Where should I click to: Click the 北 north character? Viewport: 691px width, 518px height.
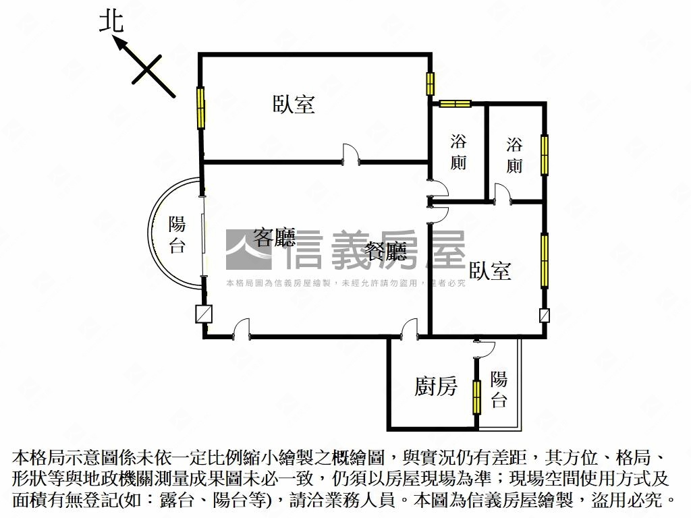[x=112, y=22]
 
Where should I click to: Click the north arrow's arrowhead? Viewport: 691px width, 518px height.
[x=119, y=43]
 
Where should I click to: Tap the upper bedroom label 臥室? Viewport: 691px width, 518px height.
[x=294, y=104]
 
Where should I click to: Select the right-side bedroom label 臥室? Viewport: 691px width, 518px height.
[x=490, y=271]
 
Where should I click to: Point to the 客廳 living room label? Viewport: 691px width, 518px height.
[x=274, y=237]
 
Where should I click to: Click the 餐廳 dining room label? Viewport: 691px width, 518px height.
[x=385, y=252]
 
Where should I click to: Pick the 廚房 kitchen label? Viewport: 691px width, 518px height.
[x=435, y=386]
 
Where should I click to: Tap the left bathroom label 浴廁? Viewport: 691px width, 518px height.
[x=459, y=152]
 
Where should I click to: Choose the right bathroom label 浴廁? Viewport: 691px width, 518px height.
[x=515, y=155]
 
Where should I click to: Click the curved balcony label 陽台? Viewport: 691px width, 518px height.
[x=177, y=235]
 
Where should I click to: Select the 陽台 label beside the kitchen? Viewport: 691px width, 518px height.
[x=499, y=389]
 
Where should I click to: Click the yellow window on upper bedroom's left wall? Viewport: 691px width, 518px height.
[x=200, y=108]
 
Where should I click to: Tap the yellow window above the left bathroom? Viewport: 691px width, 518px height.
[x=455, y=103]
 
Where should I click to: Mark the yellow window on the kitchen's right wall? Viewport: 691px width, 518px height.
[x=477, y=397]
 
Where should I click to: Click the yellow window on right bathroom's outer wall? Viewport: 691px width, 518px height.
[x=545, y=155]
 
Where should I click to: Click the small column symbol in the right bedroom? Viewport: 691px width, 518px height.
[x=545, y=315]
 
